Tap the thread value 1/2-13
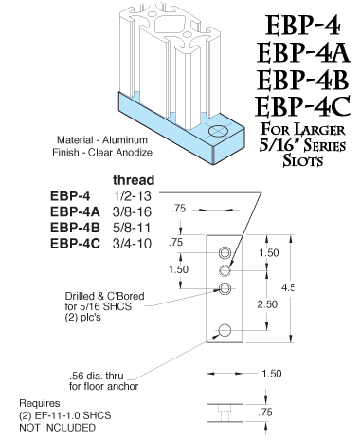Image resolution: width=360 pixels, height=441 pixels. click(x=130, y=194)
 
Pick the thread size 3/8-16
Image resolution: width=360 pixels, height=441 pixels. click(x=130, y=211)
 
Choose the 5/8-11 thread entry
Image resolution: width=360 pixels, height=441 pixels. click(x=130, y=228)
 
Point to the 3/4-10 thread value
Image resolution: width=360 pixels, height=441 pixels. click(x=130, y=245)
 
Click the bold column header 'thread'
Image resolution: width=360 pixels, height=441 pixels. click(x=134, y=179)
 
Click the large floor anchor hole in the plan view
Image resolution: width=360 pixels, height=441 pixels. click(x=225, y=329)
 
